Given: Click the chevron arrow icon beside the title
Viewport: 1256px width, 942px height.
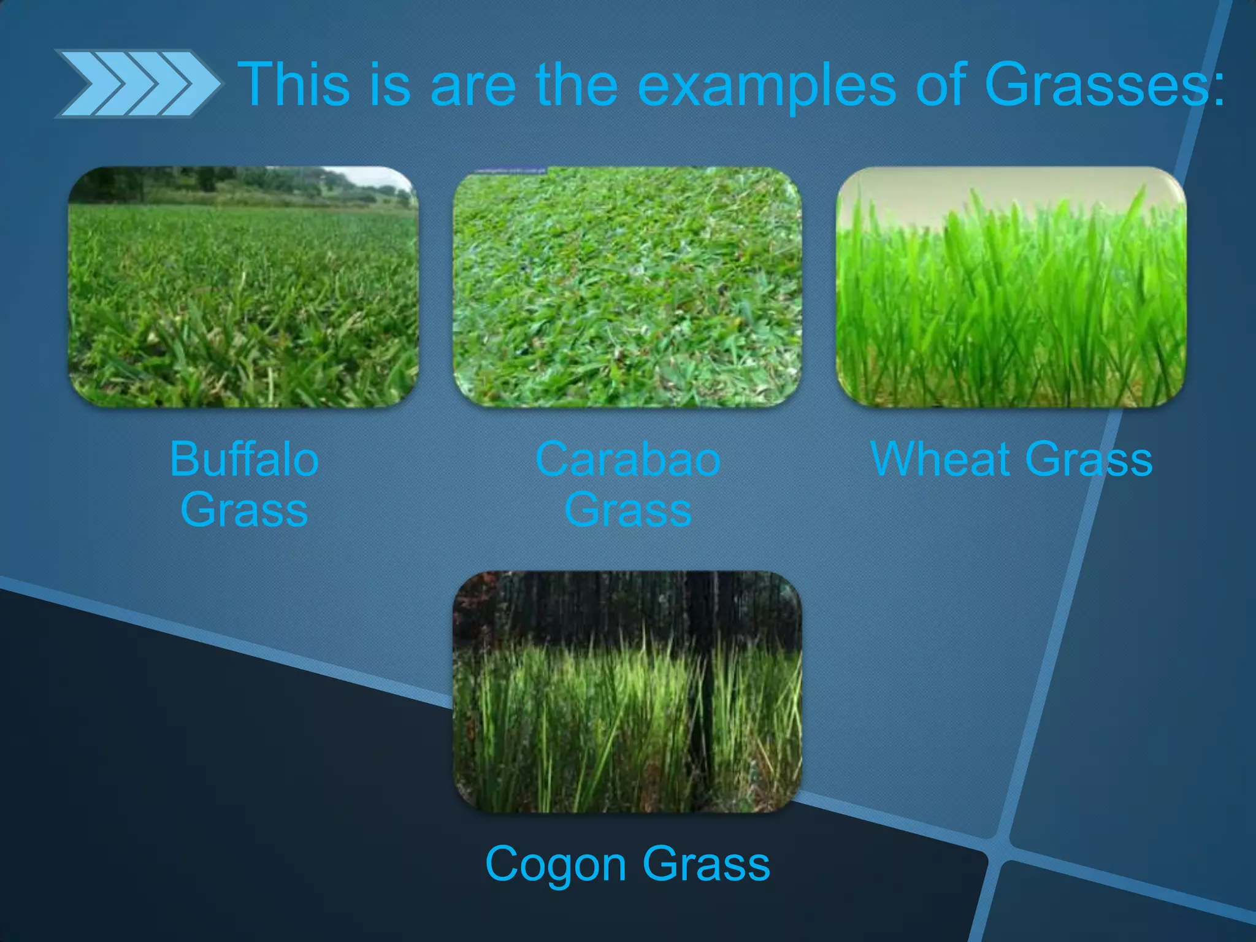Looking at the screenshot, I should [136, 84].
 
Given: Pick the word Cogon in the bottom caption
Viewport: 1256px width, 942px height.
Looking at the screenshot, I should [556, 863].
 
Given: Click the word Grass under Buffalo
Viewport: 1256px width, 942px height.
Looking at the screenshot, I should [244, 510].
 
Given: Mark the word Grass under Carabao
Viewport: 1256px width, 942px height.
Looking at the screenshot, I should [627, 510].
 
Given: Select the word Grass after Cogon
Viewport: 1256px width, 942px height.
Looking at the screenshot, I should [706, 863].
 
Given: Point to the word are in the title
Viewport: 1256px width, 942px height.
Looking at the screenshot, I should [473, 86].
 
